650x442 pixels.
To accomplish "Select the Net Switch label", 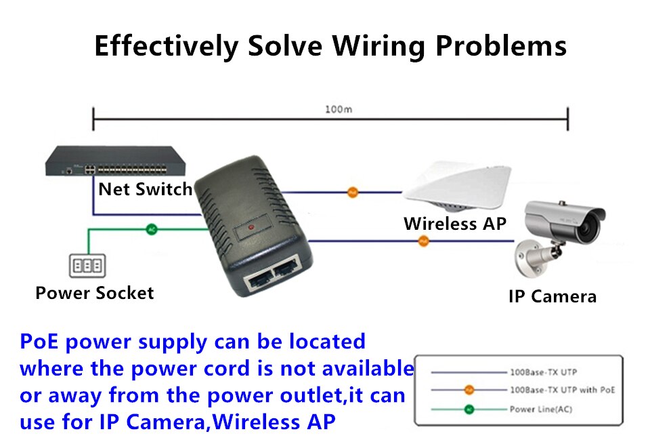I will [146, 189].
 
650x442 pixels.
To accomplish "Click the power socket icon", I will [86, 264].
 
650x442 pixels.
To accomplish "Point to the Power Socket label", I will [95, 293].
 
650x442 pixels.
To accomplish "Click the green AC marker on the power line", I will [152, 229].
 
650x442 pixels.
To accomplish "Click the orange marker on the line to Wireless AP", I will [352, 193].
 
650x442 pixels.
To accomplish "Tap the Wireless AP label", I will [455, 223].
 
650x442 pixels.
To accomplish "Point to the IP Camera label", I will [552, 296].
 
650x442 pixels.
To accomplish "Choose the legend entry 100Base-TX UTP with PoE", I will [562, 390].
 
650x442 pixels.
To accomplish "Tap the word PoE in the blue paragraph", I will [39, 341].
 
